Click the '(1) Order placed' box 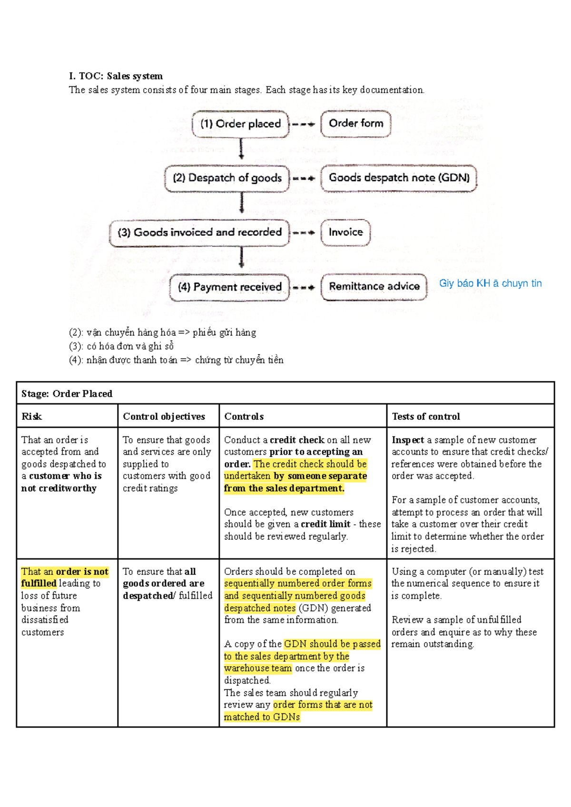[240, 124]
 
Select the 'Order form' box [356, 124]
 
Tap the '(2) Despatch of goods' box [227, 178]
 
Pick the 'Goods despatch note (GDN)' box [399, 178]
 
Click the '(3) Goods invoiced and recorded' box [199, 233]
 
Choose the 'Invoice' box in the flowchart [345, 232]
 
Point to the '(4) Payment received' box [229, 287]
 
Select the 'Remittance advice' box [374, 287]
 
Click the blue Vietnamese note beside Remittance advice [490, 283]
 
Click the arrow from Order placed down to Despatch [241, 149]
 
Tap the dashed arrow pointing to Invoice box [304, 233]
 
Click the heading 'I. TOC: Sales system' [116, 76]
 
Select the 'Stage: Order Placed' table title [67, 394]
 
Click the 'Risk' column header [32, 417]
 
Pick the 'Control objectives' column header [164, 417]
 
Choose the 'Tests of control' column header [426, 417]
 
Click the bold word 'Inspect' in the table [408, 440]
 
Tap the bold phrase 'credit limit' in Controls [325, 524]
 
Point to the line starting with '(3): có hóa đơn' [121, 346]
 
